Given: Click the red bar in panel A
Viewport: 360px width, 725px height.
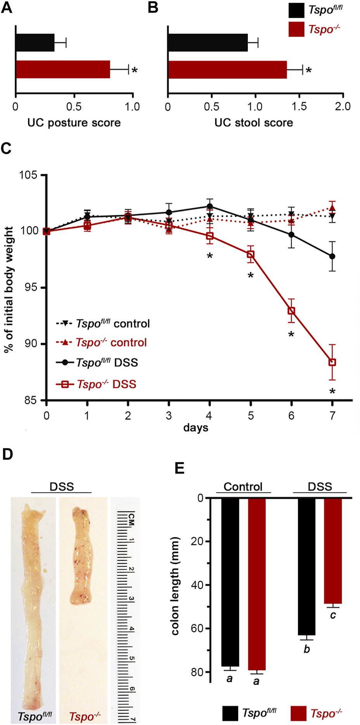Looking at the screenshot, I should pyautogui.click(x=63, y=69).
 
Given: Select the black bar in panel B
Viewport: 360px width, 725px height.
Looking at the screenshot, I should pyautogui.click(x=208, y=43).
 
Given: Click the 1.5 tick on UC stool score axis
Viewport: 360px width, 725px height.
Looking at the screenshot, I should pyautogui.click(x=299, y=107).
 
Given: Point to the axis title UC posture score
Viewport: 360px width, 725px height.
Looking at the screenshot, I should pyautogui.click(x=74, y=123).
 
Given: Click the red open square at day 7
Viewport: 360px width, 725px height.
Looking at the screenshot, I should pyautogui.click(x=332, y=362).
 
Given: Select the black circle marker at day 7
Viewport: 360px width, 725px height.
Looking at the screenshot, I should pyautogui.click(x=332, y=256).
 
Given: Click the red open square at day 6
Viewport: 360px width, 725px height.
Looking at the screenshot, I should pyautogui.click(x=291, y=311).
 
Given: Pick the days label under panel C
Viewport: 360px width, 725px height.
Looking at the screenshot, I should pyautogui.click(x=196, y=428).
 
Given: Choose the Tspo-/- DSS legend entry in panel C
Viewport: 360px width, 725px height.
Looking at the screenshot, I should pyautogui.click(x=97, y=384).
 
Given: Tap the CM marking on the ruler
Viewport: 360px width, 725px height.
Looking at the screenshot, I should pyautogui.click(x=131, y=520).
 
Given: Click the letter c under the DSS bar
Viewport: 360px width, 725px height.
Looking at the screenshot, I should pyautogui.click(x=333, y=615).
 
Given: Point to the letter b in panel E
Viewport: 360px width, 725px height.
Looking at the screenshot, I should pyautogui.click(x=306, y=649).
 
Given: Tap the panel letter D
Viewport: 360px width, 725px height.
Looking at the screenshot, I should pyautogui.click(x=7, y=454).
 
